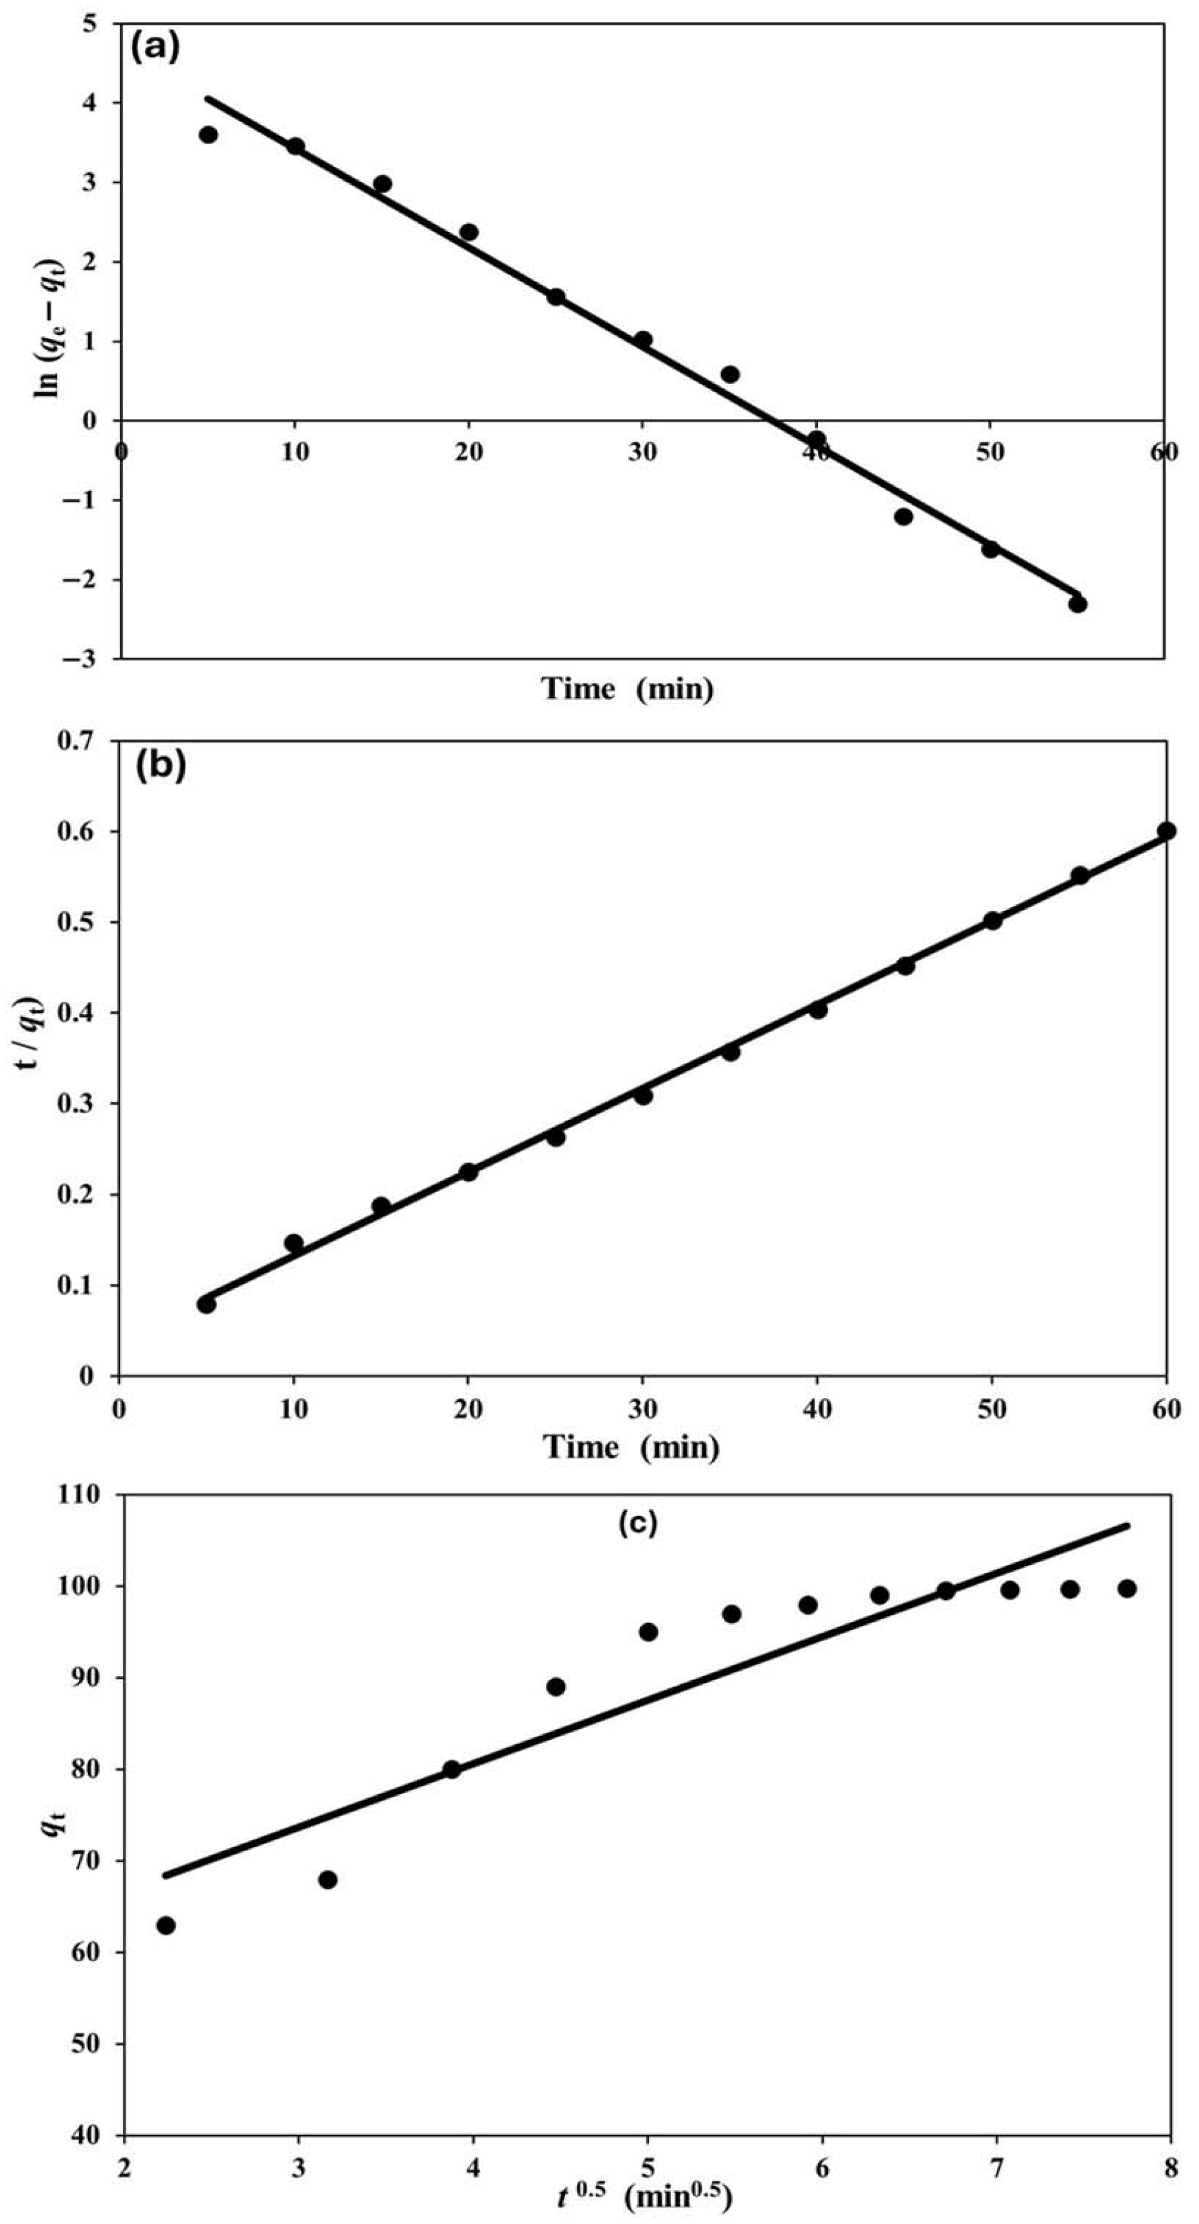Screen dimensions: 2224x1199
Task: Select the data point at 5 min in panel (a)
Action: [208, 135]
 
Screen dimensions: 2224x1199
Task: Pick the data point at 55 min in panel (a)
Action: [1077, 604]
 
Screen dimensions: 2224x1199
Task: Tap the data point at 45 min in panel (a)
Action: [904, 516]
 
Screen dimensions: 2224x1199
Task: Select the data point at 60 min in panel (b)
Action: [1167, 831]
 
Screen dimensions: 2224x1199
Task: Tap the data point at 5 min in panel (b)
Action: [206, 1305]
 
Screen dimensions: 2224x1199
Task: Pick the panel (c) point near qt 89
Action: [556, 1687]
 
